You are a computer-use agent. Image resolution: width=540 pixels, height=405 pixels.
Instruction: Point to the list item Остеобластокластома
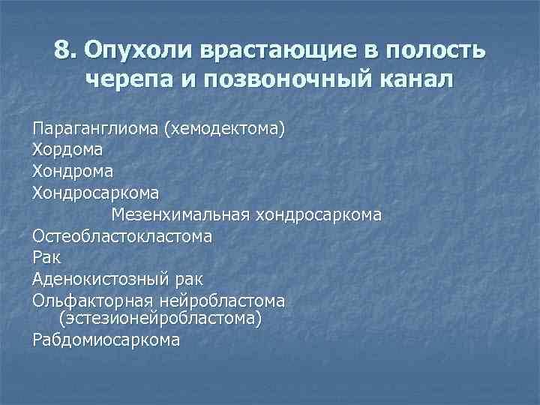(x=122, y=236)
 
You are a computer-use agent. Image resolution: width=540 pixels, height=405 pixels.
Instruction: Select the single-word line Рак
(x=47, y=258)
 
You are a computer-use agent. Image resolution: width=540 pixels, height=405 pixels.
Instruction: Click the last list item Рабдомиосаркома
(x=106, y=340)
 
